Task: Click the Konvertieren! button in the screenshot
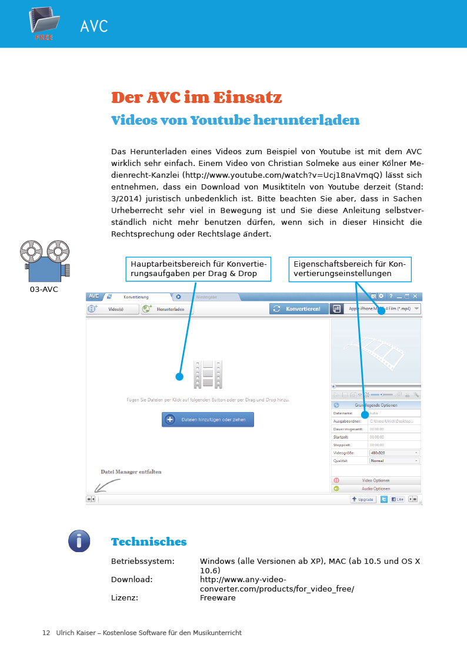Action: [x=299, y=309]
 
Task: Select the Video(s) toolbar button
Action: [x=112, y=309]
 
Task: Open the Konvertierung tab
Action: [x=136, y=297]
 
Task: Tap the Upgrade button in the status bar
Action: [x=363, y=499]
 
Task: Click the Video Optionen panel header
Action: [x=376, y=480]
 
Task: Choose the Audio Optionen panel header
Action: [x=376, y=489]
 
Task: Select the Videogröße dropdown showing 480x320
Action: [x=394, y=453]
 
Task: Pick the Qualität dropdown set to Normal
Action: [x=394, y=461]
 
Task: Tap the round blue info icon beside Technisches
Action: [x=79, y=540]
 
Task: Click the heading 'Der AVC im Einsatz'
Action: [x=196, y=97]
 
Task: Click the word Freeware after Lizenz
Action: [x=218, y=598]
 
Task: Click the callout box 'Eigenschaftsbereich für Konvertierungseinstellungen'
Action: [x=350, y=269]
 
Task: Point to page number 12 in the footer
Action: [x=46, y=633]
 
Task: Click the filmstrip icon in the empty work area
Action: [x=208, y=375]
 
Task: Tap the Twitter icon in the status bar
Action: [x=384, y=499]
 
